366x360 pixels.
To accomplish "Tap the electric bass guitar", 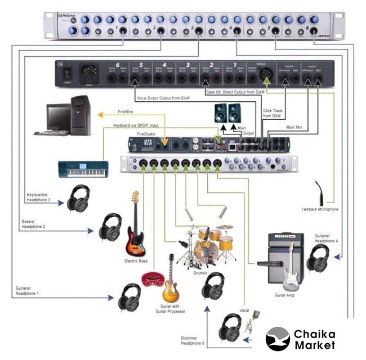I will coord(135,225).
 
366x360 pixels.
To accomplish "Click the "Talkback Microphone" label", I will coord(319,209).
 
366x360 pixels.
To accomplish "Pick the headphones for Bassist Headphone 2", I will coord(110,227).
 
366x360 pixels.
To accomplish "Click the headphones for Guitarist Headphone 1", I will coord(130,296).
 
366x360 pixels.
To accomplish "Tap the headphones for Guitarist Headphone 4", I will coord(319,258).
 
